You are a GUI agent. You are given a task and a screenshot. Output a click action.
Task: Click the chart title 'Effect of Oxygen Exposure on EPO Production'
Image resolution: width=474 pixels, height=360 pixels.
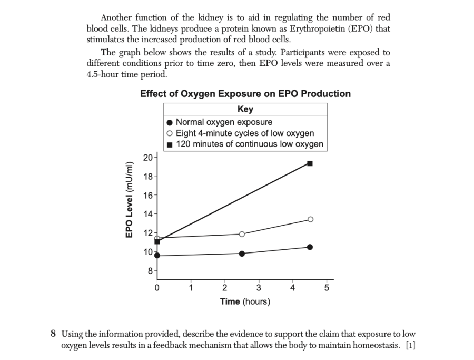pyautogui.click(x=245, y=94)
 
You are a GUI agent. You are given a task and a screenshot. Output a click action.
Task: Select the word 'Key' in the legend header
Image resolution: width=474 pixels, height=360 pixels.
pyautogui.click(x=245, y=109)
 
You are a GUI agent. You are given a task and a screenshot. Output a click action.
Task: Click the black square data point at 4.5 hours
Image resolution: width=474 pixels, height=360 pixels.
pyautogui.click(x=310, y=164)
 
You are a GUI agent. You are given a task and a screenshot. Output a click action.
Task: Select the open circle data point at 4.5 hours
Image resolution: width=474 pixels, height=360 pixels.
pyautogui.click(x=310, y=219)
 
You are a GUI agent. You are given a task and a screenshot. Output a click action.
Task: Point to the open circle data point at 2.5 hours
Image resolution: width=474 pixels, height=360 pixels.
pyautogui.click(x=242, y=234)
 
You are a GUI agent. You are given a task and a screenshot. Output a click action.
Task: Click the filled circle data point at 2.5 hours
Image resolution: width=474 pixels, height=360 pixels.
pyautogui.click(x=242, y=254)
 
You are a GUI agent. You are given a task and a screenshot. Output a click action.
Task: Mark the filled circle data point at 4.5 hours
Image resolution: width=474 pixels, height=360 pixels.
pyautogui.click(x=310, y=247)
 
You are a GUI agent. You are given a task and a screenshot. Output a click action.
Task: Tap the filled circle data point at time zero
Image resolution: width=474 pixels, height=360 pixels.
pyautogui.click(x=157, y=256)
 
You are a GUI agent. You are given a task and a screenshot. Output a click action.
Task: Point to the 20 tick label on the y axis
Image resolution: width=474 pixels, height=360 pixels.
pyautogui.click(x=148, y=158)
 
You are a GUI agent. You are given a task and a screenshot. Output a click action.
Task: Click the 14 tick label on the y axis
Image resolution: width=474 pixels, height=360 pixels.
pyautogui.click(x=148, y=214)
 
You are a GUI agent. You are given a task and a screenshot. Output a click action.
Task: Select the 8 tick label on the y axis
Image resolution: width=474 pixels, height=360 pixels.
pyautogui.click(x=150, y=271)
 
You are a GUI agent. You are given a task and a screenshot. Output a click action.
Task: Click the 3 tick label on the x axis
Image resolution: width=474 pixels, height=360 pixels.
pyautogui.click(x=259, y=288)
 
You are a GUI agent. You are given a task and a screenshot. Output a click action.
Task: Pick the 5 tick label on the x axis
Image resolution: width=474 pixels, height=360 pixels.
pyautogui.click(x=327, y=288)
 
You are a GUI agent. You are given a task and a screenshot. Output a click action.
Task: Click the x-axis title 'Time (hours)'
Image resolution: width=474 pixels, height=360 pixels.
pyautogui.click(x=245, y=301)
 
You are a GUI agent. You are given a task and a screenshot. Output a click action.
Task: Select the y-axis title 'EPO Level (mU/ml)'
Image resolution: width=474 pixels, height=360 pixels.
pyautogui.click(x=130, y=200)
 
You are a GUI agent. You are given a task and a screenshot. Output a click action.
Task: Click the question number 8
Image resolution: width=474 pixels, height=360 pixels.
pyautogui.click(x=53, y=334)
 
